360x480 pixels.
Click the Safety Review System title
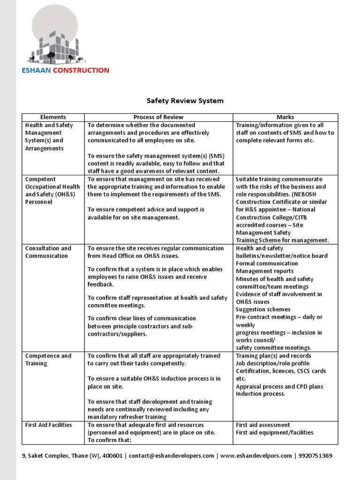pyautogui.click(x=185, y=100)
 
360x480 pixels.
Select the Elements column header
pyautogui.click(x=53, y=117)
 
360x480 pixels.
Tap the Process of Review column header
pyautogui.click(x=158, y=117)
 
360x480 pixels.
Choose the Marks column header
pyautogui.click(x=285, y=117)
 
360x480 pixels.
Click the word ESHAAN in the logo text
pyautogui.click(x=37, y=70)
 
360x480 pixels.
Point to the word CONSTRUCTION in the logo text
pyautogui.click(x=81, y=70)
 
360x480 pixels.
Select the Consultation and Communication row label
pyautogui.click(x=48, y=252)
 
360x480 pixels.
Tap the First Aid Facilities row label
pyautogui.click(x=48, y=425)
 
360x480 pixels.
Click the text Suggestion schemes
pyautogui.click(x=263, y=309)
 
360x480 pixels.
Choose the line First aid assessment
pyautogui.click(x=262, y=425)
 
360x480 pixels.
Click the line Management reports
pyautogui.click(x=264, y=271)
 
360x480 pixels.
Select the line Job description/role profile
pyautogui.click(x=272, y=363)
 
